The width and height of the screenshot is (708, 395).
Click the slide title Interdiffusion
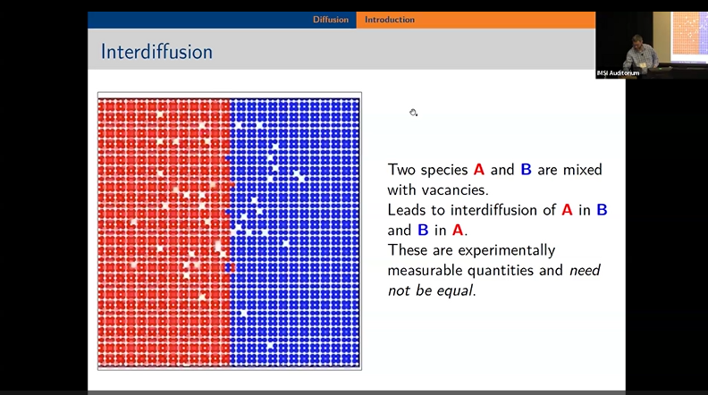click(x=156, y=52)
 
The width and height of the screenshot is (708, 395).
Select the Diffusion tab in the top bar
click(x=330, y=20)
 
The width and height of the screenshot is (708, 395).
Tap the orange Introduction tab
click(x=390, y=20)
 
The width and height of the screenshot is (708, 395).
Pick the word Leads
click(x=408, y=210)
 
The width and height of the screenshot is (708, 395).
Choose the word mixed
click(x=581, y=170)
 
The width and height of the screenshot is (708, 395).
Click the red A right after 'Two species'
click(x=479, y=170)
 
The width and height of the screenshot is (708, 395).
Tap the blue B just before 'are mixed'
click(x=526, y=170)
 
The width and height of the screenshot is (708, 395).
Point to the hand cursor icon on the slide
click(x=414, y=113)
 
